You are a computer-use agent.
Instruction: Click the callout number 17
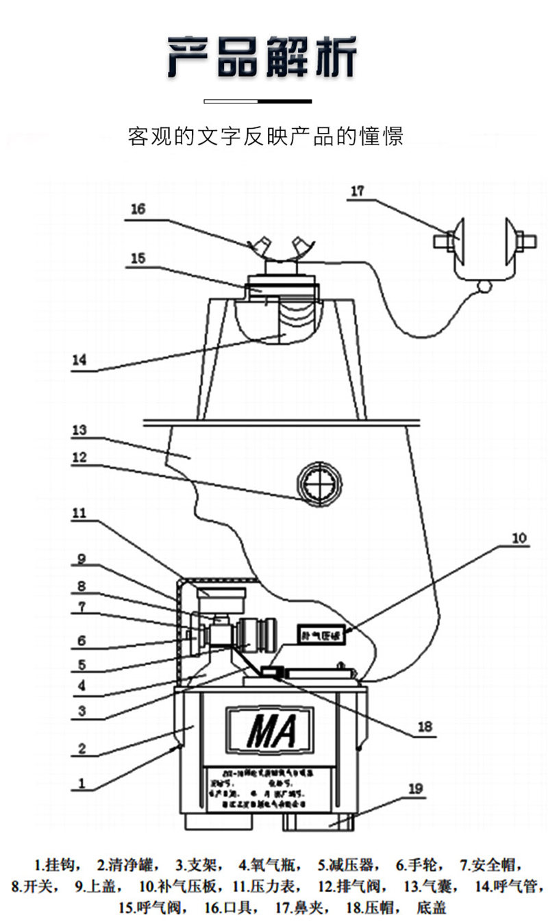pos(358,191)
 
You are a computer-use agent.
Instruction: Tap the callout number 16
pos(138,209)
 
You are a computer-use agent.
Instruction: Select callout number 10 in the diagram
pos(520,538)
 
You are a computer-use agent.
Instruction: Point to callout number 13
pos(80,430)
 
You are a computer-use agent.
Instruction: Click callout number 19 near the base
pos(416,788)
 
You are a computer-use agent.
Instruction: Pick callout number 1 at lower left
pos(82,781)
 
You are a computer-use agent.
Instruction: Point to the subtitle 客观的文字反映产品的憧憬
pos(266,136)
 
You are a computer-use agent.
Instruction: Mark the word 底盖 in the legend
pos(431,908)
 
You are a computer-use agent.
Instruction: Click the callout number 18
pos(425,727)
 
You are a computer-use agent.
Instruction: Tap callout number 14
pos(80,360)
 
